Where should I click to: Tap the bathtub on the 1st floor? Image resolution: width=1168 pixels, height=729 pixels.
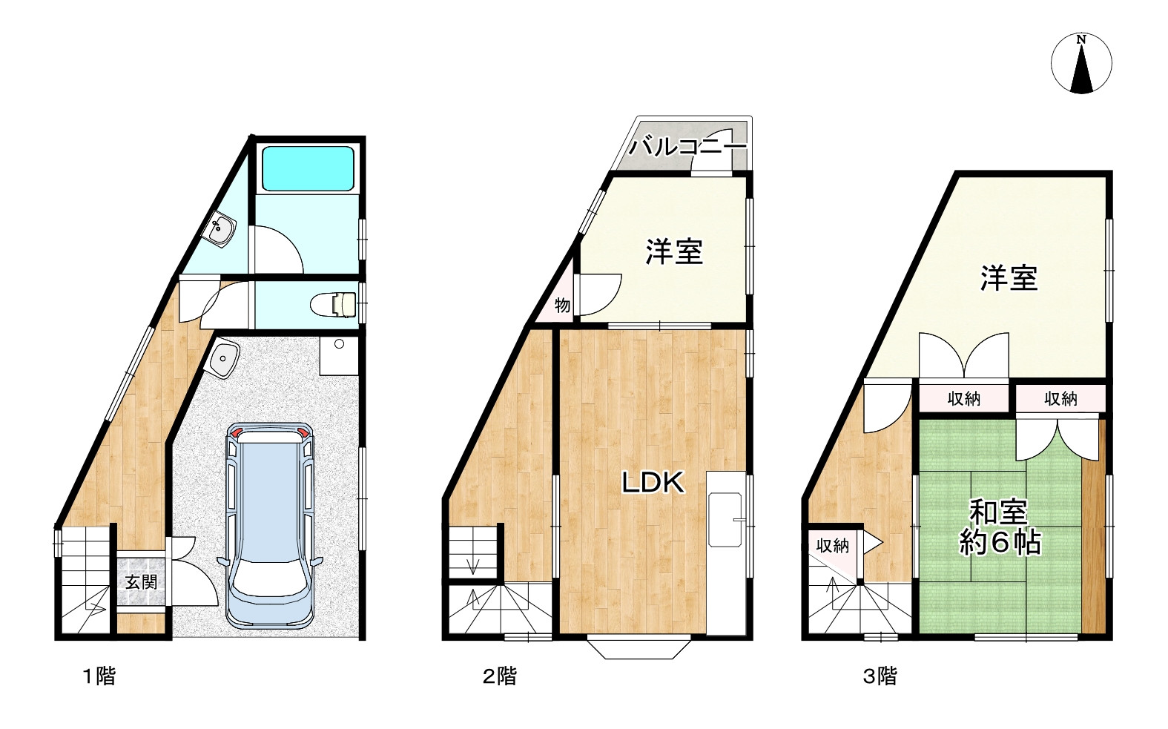tap(308, 168)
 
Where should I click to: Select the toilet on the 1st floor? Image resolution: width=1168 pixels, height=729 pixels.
tap(333, 304)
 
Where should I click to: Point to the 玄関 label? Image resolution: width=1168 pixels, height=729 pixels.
tap(141, 581)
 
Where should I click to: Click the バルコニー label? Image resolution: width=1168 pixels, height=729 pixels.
tap(687, 146)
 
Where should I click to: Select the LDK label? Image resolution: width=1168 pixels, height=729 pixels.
tap(652, 484)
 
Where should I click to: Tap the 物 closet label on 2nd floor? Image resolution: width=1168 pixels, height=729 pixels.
tap(562, 305)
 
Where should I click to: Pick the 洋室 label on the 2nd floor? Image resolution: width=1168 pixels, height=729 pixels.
tap(673, 251)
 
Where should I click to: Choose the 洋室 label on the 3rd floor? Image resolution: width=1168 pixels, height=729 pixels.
tap(1009, 278)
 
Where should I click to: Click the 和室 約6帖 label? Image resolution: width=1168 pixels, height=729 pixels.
tap(1000, 527)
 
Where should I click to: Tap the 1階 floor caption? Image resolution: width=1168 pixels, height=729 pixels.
tap(99, 676)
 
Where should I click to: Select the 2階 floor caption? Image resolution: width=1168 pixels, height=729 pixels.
tap(499, 676)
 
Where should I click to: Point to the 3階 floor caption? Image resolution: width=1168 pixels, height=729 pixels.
tap(880, 676)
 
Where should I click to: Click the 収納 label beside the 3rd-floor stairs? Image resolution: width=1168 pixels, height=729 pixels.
tap(832, 546)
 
